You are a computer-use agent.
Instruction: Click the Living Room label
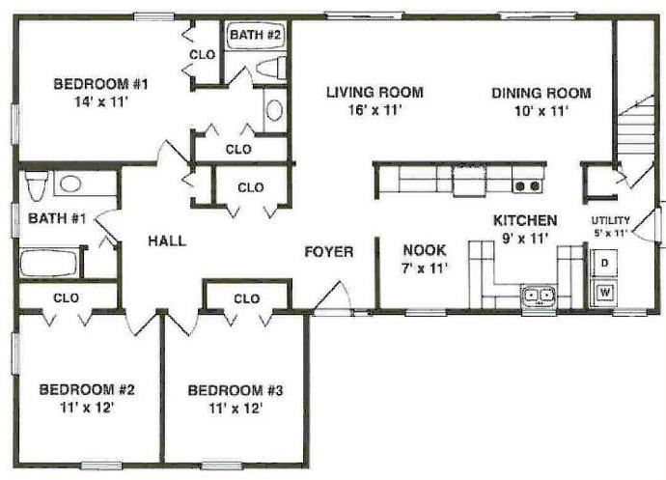click(x=375, y=93)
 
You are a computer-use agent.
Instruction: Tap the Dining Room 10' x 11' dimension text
click(x=541, y=111)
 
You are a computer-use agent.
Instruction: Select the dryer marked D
click(x=604, y=264)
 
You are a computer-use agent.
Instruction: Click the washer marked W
click(x=604, y=293)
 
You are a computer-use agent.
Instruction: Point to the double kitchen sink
click(x=539, y=296)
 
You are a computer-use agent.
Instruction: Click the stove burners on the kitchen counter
click(x=528, y=185)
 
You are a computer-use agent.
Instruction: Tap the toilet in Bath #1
click(x=36, y=184)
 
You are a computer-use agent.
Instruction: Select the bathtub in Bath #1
click(x=49, y=263)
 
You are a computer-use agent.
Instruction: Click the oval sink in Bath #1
click(x=70, y=184)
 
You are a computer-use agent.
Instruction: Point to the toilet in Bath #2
click(x=271, y=68)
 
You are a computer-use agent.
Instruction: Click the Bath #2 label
click(x=255, y=35)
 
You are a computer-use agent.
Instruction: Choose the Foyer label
click(x=329, y=252)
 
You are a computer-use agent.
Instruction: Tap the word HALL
click(x=167, y=241)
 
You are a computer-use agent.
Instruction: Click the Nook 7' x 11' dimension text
click(x=425, y=268)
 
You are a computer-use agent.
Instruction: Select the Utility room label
click(x=610, y=220)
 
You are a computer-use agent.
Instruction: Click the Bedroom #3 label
click(x=235, y=390)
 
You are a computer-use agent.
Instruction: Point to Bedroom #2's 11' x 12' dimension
click(x=87, y=409)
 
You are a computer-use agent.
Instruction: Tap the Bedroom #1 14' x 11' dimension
click(x=101, y=102)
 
